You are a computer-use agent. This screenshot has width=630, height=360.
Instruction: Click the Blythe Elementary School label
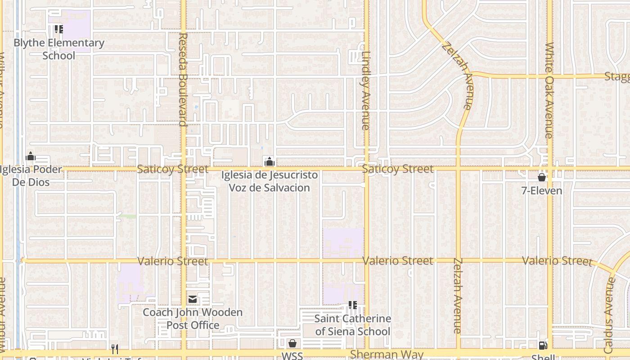[x=59, y=49]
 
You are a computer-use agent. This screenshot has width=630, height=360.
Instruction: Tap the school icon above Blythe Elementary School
[x=58, y=30]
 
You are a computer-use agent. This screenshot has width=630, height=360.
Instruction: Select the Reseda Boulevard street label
[x=182, y=79]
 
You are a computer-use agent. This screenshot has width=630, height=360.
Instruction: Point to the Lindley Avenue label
[x=365, y=90]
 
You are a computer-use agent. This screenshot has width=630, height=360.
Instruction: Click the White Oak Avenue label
[x=549, y=90]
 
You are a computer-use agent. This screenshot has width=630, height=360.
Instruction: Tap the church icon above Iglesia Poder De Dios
[x=31, y=157]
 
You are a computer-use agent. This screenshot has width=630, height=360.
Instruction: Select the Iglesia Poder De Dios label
[x=31, y=175]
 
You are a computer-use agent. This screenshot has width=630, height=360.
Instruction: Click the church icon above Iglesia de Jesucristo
[x=269, y=162]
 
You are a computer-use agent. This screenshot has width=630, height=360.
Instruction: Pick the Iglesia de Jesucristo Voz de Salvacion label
[x=269, y=181]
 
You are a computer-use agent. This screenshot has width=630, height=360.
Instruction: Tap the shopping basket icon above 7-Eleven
[x=542, y=177]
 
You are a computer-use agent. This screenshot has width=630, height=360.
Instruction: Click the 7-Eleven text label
[x=542, y=191]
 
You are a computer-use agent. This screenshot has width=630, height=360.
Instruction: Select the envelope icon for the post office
[x=193, y=299]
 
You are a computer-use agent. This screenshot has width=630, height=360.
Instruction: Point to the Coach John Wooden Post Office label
[x=193, y=319]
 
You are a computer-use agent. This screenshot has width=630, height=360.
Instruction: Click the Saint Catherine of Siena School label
[x=353, y=325]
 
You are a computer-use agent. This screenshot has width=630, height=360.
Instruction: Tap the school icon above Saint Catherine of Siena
[x=353, y=305]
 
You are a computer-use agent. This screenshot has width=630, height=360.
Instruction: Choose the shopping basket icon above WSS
[x=292, y=344]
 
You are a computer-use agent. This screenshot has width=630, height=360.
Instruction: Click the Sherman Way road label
[x=387, y=354]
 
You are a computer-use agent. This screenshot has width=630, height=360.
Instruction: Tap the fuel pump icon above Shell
[x=543, y=346]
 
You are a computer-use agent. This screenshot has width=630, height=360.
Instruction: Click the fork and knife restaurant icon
[x=115, y=349]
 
